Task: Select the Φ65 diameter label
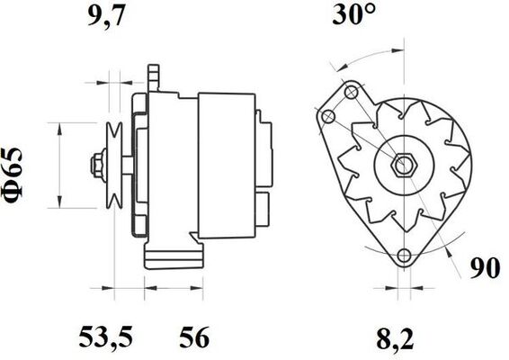point(20,166)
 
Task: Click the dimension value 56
point(194,337)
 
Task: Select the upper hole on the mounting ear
point(352,92)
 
